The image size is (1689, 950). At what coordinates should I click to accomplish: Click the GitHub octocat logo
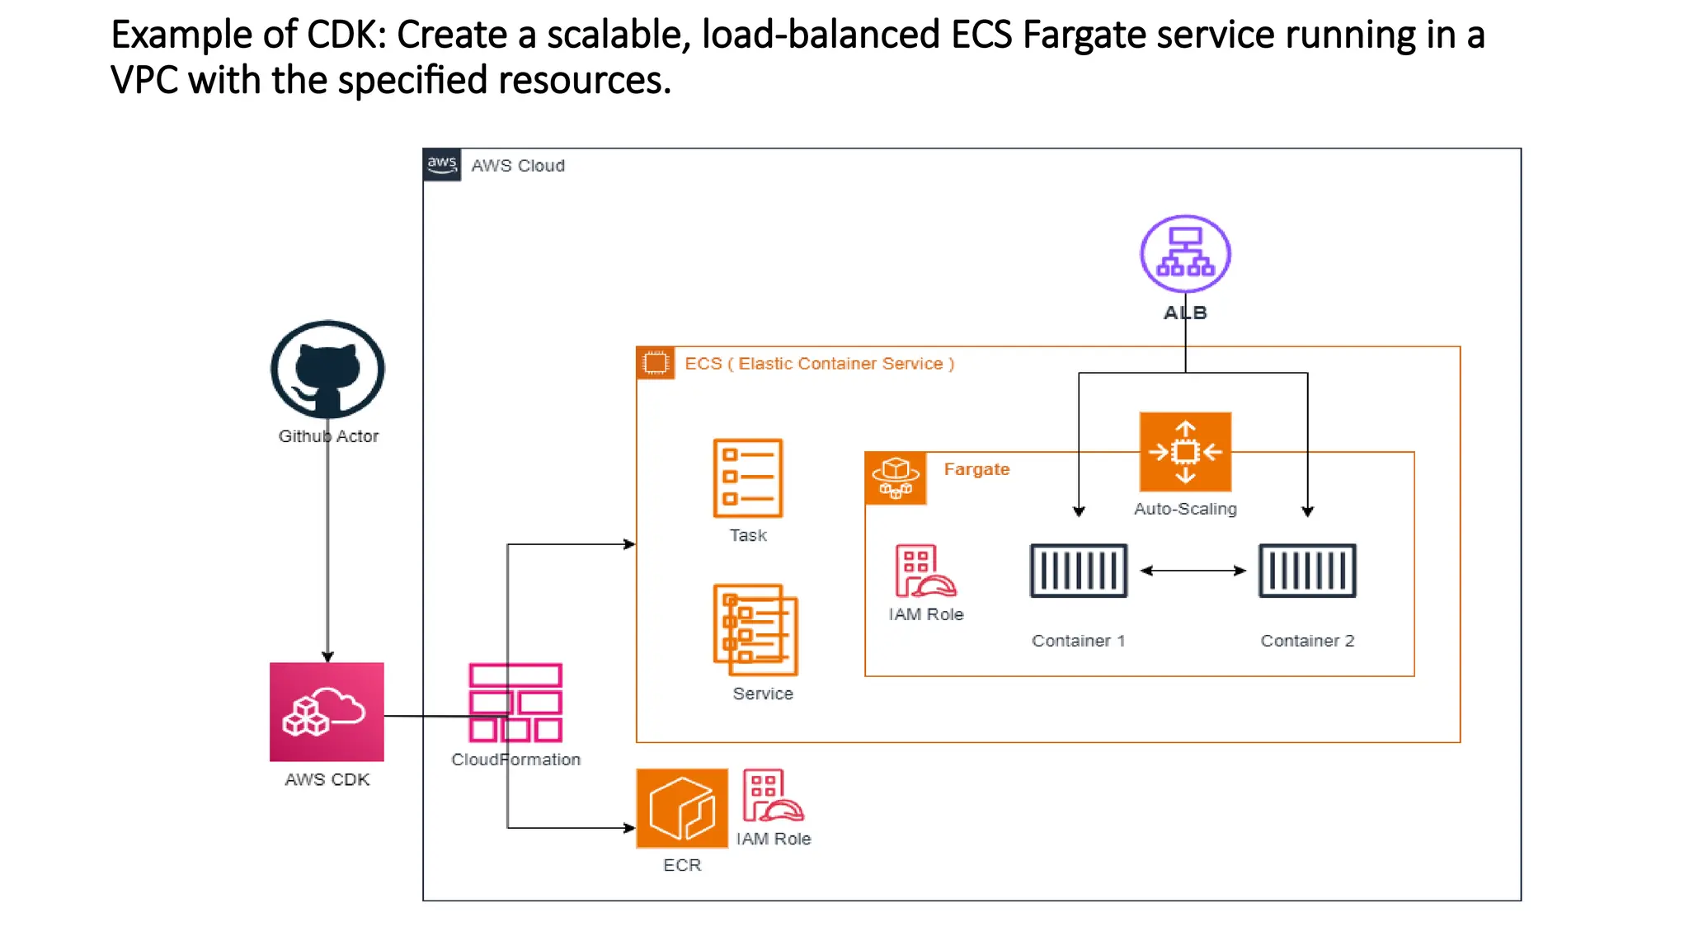pos(327,369)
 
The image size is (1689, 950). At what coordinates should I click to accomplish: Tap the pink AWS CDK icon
pos(327,712)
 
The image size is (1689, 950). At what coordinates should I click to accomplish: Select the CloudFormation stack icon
pos(515,703)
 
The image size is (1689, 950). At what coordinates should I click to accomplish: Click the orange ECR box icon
pos(682,808)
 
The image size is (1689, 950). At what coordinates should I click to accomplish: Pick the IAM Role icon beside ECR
pos(772,796)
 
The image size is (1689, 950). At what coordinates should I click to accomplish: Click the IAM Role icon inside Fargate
pos(924,571)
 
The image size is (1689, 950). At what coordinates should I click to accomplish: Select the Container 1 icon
pos(1078,571)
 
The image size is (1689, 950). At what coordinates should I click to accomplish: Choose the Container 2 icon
pos(1307,571)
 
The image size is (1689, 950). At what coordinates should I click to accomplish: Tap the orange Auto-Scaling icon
pos(1185,452)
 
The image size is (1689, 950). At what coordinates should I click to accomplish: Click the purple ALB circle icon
pos(1185,254)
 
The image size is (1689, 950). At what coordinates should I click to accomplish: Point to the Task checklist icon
pos(747,478)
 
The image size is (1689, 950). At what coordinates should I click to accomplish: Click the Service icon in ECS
pos(755,630)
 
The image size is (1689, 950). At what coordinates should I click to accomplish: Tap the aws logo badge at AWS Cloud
pos(442,165)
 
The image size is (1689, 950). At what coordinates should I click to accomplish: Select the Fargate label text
pos(976,469)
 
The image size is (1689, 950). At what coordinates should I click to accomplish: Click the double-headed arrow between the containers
pos(1193,571)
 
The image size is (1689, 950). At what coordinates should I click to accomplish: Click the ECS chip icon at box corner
pos(656,363)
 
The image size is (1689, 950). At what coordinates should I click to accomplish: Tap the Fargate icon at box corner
pos(896,478)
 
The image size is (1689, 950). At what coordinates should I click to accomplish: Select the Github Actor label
pos(328,436)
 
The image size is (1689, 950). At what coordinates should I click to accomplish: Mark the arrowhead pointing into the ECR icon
pos(630,828)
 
